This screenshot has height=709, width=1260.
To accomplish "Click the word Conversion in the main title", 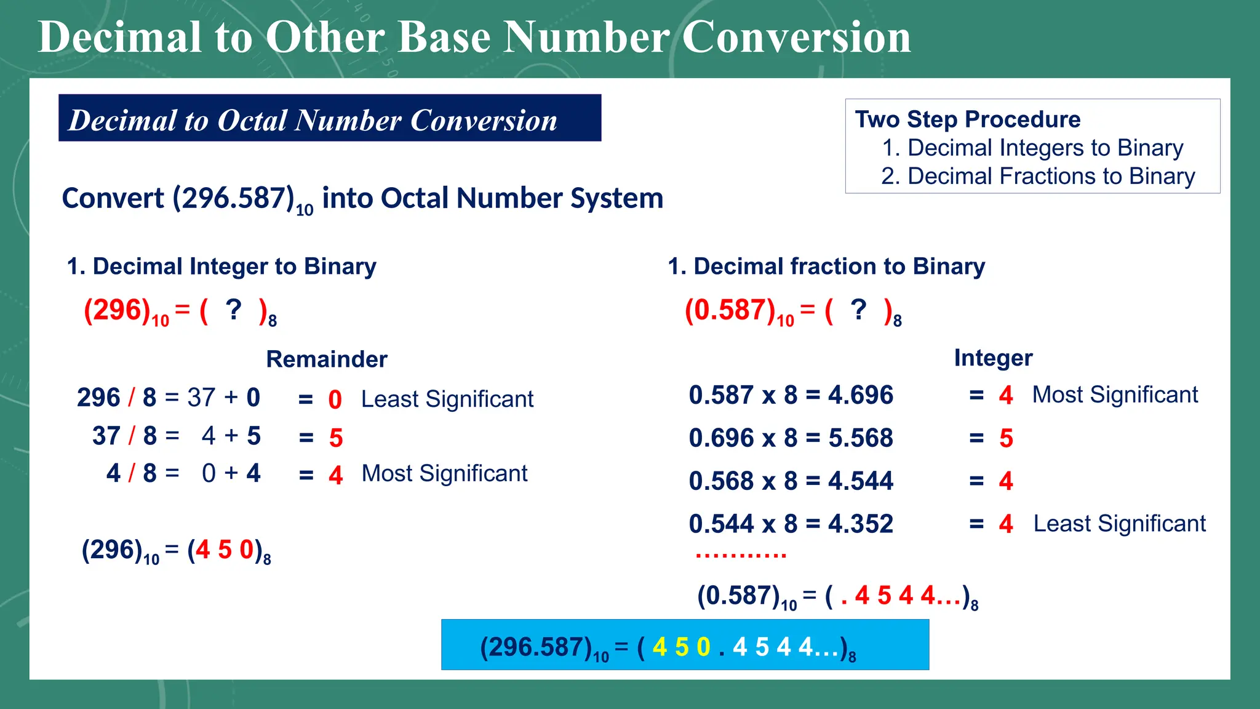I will (796, 37).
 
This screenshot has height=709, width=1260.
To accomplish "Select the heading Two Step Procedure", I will (967, 119).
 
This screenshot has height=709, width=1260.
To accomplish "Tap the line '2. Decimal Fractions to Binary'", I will (1037, 177).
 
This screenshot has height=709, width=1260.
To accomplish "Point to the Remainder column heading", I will (326, 359).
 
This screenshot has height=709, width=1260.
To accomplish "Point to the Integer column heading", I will (992, 358).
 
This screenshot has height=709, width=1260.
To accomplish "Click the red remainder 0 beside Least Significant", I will (335, 400).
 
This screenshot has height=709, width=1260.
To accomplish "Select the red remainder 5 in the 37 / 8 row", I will (335, 438).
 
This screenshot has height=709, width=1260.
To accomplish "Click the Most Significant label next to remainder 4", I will (444, 473).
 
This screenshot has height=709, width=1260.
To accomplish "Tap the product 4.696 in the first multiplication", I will (860, 395).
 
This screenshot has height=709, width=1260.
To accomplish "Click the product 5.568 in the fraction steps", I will (860, 438).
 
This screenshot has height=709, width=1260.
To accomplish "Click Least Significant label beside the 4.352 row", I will (1118, 524).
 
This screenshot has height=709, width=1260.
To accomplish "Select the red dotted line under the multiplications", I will (741, 556).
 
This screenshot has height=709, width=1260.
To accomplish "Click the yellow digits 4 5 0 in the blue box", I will (681, 647).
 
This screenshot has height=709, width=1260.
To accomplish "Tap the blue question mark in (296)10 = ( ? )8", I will (233, 310).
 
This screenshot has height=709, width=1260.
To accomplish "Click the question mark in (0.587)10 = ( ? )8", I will (858, 310).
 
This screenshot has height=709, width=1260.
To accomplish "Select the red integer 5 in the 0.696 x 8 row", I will (1005, 438).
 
